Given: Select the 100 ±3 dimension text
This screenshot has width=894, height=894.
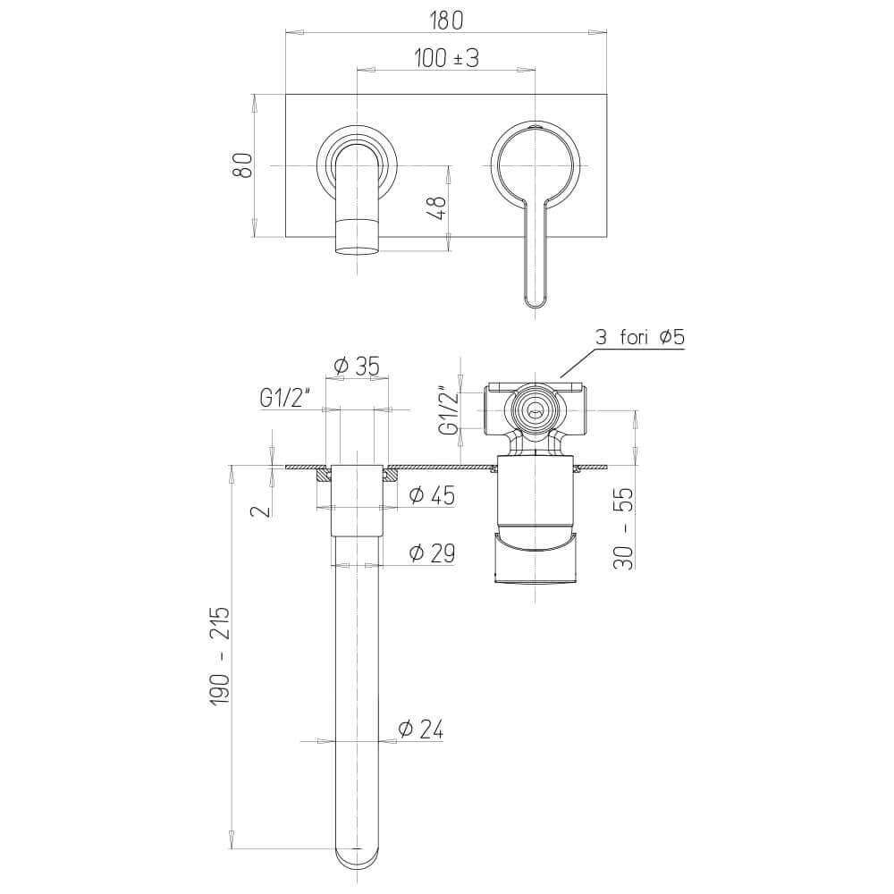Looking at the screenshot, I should click(x=446, y=58).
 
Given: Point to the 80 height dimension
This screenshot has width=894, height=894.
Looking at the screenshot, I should click(x=242, y=165).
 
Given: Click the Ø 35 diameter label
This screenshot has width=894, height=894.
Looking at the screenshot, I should click(x=356, y=367).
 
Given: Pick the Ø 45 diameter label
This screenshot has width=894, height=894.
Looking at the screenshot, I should click(x=431, y=495).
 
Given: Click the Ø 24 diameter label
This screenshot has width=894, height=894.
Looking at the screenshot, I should click(x=420, y=730).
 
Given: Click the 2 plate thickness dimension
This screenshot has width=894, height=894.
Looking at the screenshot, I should click(x=259, y=510).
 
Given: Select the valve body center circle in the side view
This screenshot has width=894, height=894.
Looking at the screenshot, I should click(x=535, y=411).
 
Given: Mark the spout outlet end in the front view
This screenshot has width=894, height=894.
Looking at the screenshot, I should click(x=357, y=245).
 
